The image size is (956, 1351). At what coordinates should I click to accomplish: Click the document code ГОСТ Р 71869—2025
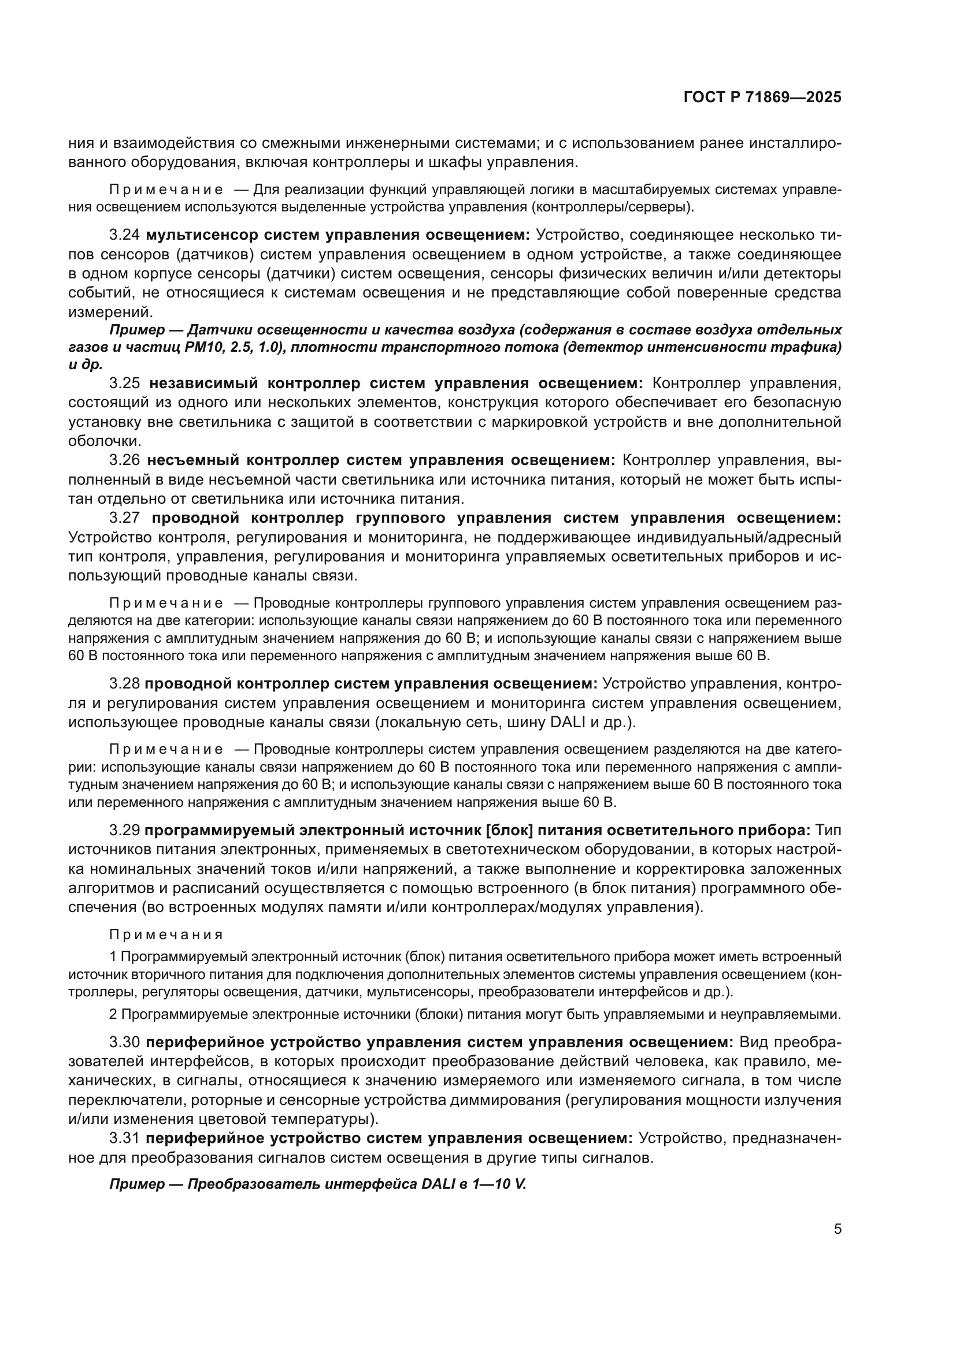[762, 98]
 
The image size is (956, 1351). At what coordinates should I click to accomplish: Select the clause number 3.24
[125, 235]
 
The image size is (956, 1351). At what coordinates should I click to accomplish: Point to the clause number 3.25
[125, 383]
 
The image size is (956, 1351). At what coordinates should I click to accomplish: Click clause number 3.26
[125, 460]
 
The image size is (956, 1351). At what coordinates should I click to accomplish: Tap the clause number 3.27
[125, 518]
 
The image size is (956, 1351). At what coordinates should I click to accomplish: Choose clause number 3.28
[125, 683]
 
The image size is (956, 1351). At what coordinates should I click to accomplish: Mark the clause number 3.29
[125, 829]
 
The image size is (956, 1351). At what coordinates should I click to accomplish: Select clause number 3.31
[125, 1138]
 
